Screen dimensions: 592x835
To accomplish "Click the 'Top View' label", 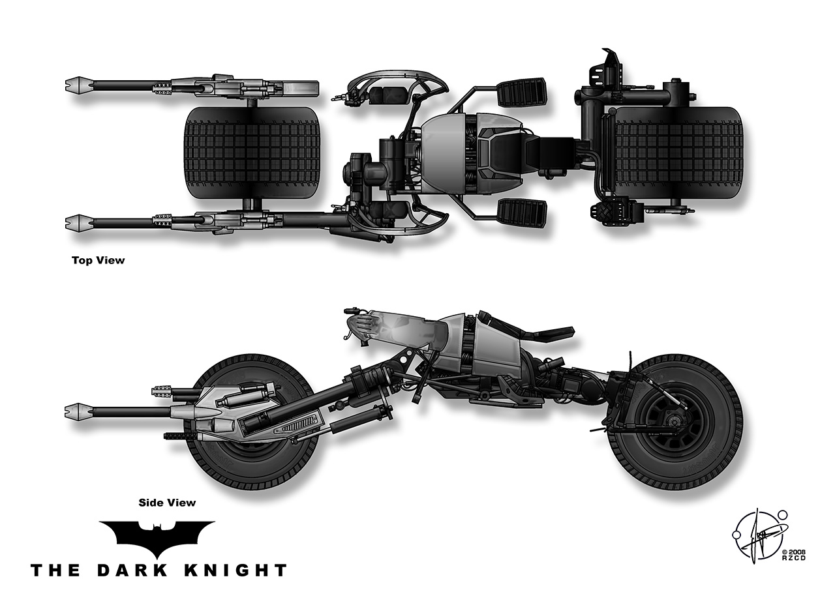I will click(98, 260).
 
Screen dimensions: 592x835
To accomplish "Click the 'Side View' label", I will click(167, 503).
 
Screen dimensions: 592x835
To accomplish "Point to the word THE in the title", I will click(56, 570).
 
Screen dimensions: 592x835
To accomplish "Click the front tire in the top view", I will click(253, 154).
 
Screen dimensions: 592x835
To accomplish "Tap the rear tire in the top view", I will click(678, 154).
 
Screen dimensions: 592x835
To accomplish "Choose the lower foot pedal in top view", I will click(522, 212).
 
